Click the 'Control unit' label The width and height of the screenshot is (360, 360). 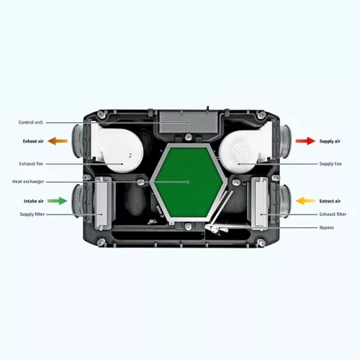(x=31, y=122)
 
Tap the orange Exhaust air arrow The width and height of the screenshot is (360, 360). (x=58, y=141)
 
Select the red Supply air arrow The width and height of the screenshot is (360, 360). (x=305, y=141)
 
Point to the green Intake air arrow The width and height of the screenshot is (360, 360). (x=57, y=201)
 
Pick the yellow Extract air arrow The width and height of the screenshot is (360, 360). (x=306, y=201)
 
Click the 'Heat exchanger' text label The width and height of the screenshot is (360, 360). (x=28, y=181)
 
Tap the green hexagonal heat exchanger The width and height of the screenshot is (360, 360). (x=189, y=182)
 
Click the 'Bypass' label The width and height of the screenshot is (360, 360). (x=326, y=228)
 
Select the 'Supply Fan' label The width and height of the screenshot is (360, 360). (x=330, y=164)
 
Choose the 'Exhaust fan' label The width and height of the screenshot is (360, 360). (x=31, y=164)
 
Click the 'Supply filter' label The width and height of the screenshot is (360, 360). (x=32, y=215)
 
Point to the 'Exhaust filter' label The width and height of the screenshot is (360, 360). (x=333, y=215)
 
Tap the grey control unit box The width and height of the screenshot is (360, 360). (x=189, y=122)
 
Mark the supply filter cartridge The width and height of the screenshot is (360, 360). (x=104, y=204)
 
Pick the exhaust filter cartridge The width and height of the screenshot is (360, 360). (x=260, y=203)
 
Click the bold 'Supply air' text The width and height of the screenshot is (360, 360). (x=330, y=141)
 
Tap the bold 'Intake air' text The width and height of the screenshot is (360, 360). (x=34, y=201)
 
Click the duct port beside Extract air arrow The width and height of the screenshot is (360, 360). (x=285, y=201)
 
